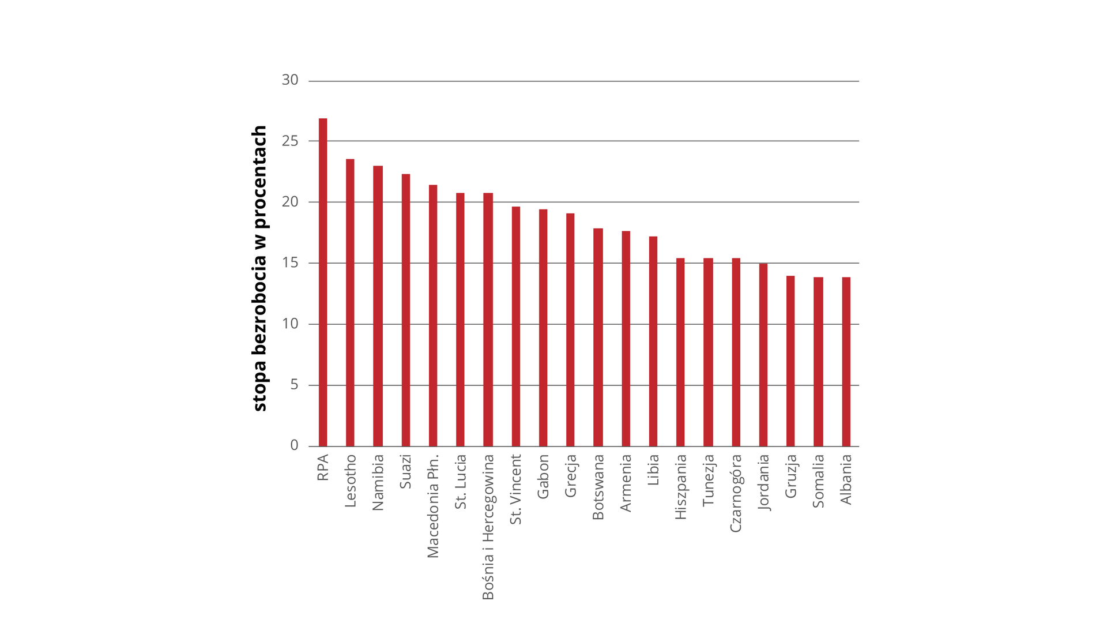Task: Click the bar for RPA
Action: pyautogui.click(x=323, y=283)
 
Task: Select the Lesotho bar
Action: pyautogui.click(x=350, y=303)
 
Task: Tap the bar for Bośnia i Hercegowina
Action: pyautogui.click(x=488, y=320)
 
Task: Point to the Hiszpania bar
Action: pyautogui.click(x=680, y=352)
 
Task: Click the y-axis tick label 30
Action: pyautogui.click(x=290, y=80)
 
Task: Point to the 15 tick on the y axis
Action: pyautogui.click(x=290, y=263)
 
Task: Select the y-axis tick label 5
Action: pyautogui.click(x=295, y=385)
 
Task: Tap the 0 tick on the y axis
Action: pyautogui.click(x=295, y=445)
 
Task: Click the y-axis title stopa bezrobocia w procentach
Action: pyautogui.click(x=259, y=268)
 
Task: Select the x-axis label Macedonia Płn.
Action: pyautogui.click(x=433, y=506)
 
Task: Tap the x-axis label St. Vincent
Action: pyautogui.click(x=516, y=489)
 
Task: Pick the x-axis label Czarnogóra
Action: pyautogui.click(x=736, y=493)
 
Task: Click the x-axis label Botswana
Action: pyautogui.click(x=598, y=487)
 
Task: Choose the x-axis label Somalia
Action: pyautogui.click(x=818, y=481)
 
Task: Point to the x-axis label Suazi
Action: pyautogui.click(x=406, y=471)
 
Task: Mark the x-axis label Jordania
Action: pyautogui.click(x=763, y=482)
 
